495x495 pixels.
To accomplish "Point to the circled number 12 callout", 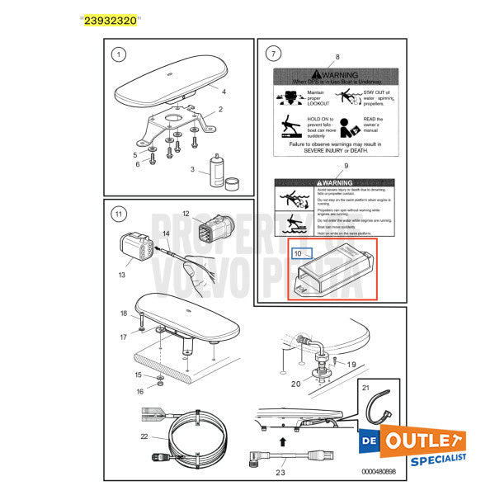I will coord(186,214).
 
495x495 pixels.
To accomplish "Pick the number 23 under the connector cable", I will coord(280,473).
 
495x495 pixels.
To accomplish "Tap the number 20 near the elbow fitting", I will coord(295,384).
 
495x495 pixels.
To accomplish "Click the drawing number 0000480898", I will coord(384,471).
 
